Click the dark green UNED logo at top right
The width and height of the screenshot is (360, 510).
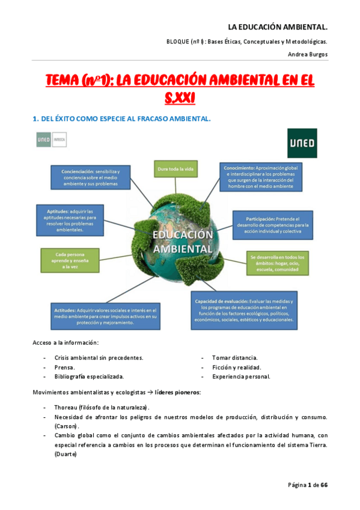302,143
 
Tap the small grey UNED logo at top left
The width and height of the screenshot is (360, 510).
51,140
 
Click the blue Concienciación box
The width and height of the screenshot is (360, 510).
90,177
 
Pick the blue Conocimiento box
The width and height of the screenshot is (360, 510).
259,177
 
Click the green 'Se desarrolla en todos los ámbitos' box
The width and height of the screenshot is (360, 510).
276,263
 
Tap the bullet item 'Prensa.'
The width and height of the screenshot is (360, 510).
65,367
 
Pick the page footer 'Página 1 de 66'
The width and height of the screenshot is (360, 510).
307,485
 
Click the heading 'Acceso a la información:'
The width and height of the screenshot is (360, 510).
65,343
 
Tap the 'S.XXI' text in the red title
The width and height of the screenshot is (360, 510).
180,97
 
